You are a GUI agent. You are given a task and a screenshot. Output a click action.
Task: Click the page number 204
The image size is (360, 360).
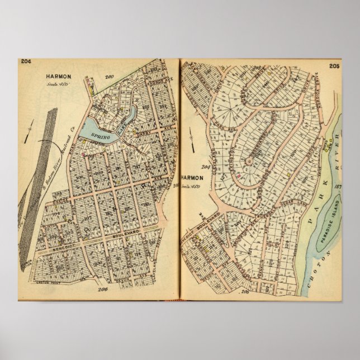click(x=25, y=62)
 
